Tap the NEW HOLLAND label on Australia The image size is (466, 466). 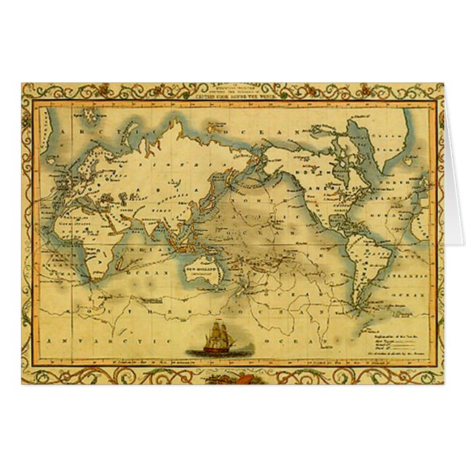pos(198,268)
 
